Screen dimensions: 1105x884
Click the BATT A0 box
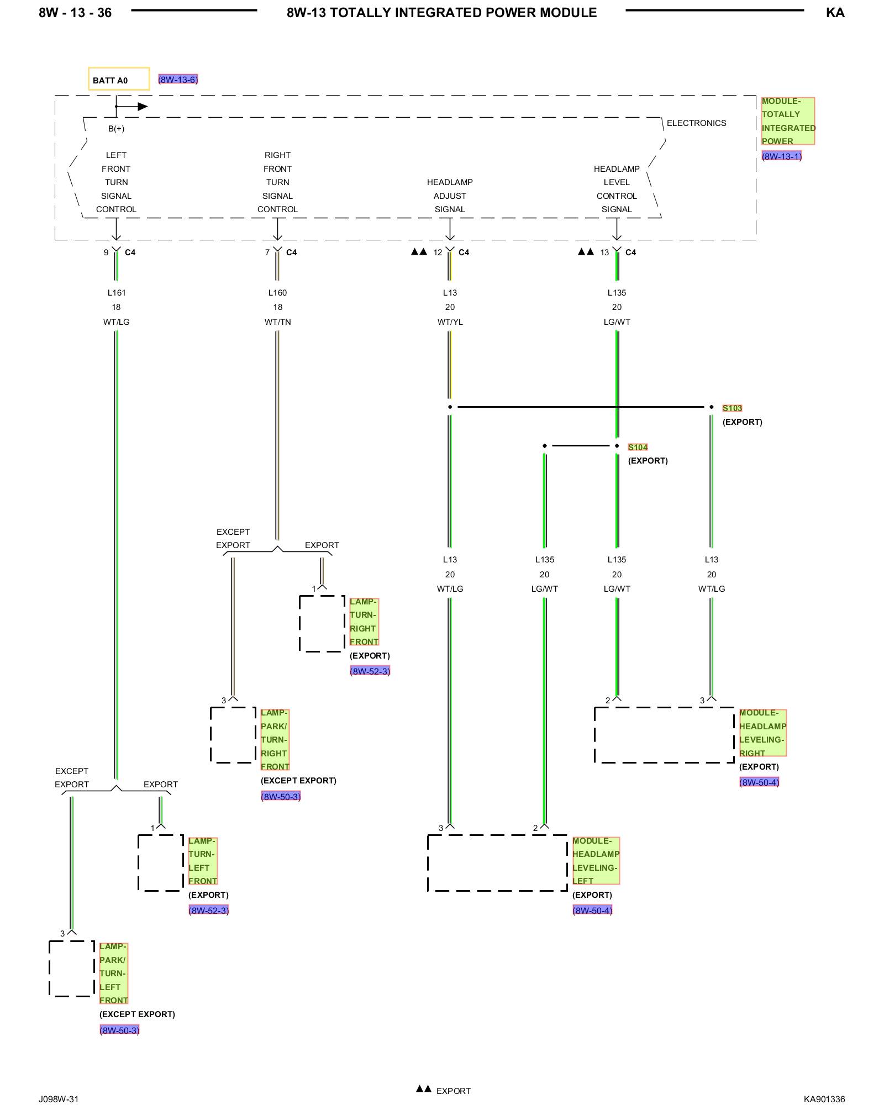(118, 79)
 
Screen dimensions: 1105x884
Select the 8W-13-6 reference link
(178, 80)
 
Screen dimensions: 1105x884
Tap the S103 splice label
(732, 408)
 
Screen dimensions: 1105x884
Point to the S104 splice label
(638, 448)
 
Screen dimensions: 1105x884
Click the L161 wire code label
(116, 293)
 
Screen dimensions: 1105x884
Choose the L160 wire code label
(277, 293)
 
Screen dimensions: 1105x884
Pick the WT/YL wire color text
(450, 322)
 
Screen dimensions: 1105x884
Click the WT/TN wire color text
(277, 322)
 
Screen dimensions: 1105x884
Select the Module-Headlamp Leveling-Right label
(762, 733)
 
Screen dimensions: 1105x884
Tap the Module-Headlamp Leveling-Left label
(596, 861)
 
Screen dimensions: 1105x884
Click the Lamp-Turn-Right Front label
(364, 622)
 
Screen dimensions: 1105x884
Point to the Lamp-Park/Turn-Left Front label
(113, 974)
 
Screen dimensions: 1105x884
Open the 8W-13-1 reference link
(781, 156)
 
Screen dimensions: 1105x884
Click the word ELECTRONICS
(696, 123)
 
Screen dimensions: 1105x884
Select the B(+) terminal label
(116, 129)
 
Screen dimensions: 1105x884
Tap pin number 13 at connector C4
(604, 252)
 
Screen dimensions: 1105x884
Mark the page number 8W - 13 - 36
(75, 13)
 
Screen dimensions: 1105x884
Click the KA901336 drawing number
(824, 1099)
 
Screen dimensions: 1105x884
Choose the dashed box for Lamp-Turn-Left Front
(160, 862)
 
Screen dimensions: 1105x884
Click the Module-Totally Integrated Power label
(787, 121)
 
